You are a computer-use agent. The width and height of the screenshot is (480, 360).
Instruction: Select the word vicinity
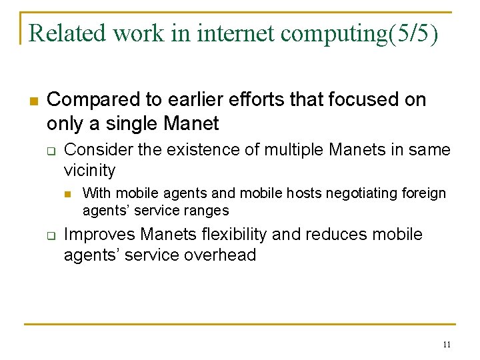click(x=89, y=171)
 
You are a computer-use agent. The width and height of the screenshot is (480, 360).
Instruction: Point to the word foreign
click(x=425, y=193)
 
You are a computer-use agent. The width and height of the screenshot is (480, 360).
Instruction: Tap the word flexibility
click(x=229, y=235)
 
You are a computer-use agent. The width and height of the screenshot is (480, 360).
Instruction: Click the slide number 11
click(x=447, y=345)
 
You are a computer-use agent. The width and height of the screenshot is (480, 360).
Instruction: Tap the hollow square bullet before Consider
click(x=49, y=151)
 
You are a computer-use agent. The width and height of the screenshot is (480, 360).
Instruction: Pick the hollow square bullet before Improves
click(x=49, y=236)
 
